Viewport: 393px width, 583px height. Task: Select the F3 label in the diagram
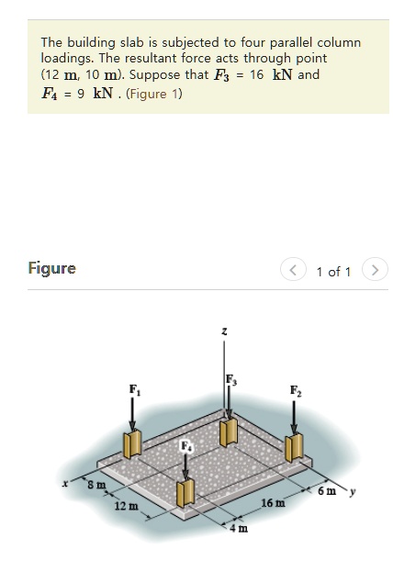(230, 379)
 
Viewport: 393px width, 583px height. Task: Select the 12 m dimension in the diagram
(126, 507)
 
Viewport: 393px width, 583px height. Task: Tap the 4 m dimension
(238, 528)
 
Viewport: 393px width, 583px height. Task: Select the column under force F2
(295, 447)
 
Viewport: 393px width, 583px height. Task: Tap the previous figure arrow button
(295, 271)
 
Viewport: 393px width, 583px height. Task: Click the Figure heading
(52, 268)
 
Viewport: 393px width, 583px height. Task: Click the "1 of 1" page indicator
(333, 271)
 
